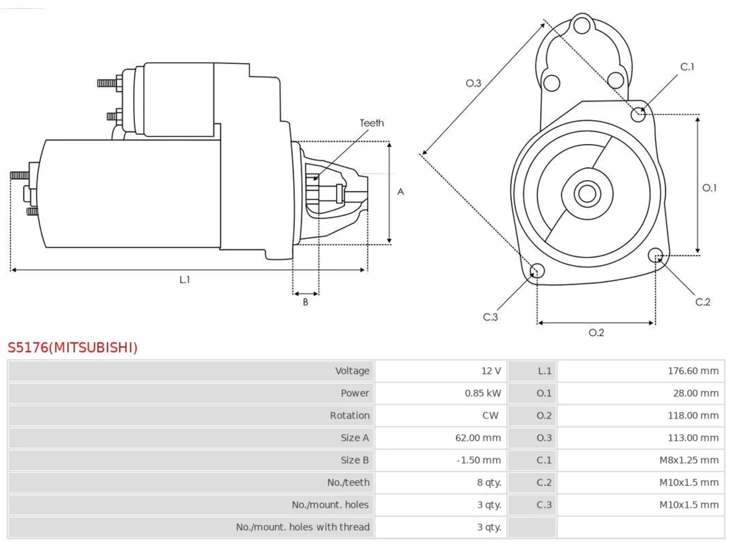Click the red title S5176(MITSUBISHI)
click(72, 348)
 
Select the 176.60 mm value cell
click(693, 371)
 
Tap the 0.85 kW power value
click(482, 393)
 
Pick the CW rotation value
click(490, 416)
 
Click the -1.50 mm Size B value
click(478, 460)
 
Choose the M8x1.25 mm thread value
click(689, 460)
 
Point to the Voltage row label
click(352, 371)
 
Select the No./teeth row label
click(348, 483)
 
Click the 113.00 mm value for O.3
click(693, 437)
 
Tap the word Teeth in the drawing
click(372, 123)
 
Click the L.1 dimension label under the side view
click(184, 280)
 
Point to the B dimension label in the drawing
click(305, 302)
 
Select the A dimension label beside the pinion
click(400, 192)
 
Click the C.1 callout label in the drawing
click(687, 67)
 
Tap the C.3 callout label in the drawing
click(490, 317)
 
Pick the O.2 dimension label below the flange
click(596, 332)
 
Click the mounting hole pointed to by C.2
click(655, 255)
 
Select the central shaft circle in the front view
click(587, 193)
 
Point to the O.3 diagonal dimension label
click(473, 83)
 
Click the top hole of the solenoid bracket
click(582, 25)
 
